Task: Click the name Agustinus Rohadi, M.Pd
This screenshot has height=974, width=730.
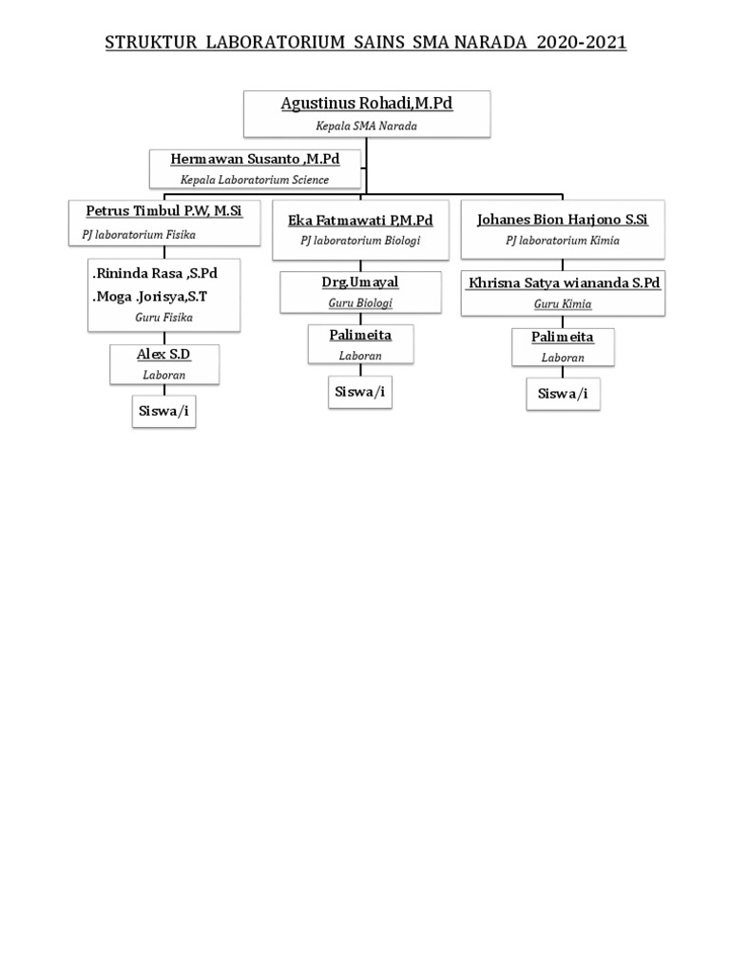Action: click(366, 104)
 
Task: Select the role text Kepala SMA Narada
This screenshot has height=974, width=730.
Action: click(366, 126)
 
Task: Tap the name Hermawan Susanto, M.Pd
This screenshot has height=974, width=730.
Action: click(255, 159)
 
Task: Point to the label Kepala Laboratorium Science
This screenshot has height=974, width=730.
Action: click(255, 180)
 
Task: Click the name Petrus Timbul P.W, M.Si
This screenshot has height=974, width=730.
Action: click(164, 210)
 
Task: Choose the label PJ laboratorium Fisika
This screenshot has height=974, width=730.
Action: click(139, 234)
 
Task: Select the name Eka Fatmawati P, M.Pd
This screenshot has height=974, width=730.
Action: click(360, 221)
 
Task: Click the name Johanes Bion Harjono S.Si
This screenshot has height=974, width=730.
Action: click(562, 220)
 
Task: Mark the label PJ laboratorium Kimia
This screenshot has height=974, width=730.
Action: click(562, 242)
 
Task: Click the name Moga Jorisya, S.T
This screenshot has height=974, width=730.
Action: click(150, 297)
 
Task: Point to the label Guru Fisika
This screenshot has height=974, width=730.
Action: click(163, 318)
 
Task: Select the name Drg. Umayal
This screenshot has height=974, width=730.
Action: click(360, 282)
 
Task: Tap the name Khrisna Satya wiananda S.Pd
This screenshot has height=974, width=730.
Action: click(563, 283)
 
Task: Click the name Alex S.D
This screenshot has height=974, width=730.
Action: click(163, 355)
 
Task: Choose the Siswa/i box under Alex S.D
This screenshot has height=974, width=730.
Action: click(163, 412)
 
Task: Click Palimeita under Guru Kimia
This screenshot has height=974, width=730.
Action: click(563, 338)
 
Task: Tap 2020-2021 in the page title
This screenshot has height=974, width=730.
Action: click(580, 43)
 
